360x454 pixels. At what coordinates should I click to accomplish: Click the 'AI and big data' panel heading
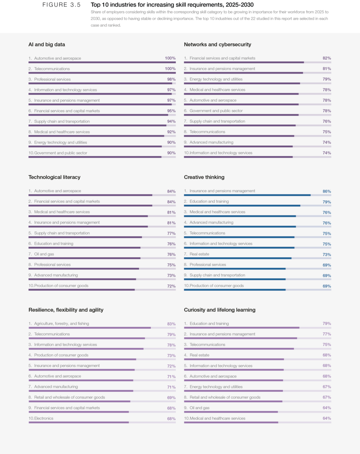[x=47, y=44]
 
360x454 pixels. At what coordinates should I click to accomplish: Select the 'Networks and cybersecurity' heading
[x=217, y=44]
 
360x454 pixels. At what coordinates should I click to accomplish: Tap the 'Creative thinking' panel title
[x=204, y=177]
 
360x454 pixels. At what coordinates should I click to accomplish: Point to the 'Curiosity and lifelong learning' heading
[x=219, y=310]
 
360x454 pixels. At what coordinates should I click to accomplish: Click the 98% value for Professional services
[x=171, y=80]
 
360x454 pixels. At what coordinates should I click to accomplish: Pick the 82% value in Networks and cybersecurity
[x=327, y=58]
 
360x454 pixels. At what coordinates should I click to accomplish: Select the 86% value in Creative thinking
[x=327, y=191]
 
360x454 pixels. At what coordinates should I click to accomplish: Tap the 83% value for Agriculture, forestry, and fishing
[x=171, y=324]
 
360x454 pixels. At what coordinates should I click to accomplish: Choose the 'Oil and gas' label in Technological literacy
[x=44, y=254]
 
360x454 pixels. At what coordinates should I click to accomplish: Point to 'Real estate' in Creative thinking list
[x=199, y=254]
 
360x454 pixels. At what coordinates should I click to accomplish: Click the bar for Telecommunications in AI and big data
[x=102, y=73]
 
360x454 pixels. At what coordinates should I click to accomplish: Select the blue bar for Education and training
[x=242, y=206]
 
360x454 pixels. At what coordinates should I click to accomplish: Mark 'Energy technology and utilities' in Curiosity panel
[x=216, y=387]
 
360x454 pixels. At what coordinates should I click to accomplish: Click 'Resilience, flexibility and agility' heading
[x=66, y=310]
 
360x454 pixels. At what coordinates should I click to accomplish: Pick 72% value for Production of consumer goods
[x=171, y=286]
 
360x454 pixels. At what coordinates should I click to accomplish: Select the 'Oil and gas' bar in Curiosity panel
[x=231, y=412]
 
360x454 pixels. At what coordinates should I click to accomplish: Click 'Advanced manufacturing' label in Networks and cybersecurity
[x=211, y=143]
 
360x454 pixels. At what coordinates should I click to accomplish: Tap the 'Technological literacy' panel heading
[x=54, y=177]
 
